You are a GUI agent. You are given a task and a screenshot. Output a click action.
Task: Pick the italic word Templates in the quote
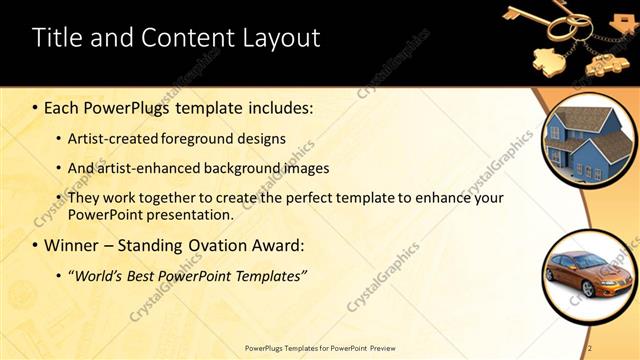(269, 274)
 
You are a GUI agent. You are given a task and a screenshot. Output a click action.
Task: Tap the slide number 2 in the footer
(590, 347)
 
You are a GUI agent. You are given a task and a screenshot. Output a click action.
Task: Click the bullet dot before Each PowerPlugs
(36, 106)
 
